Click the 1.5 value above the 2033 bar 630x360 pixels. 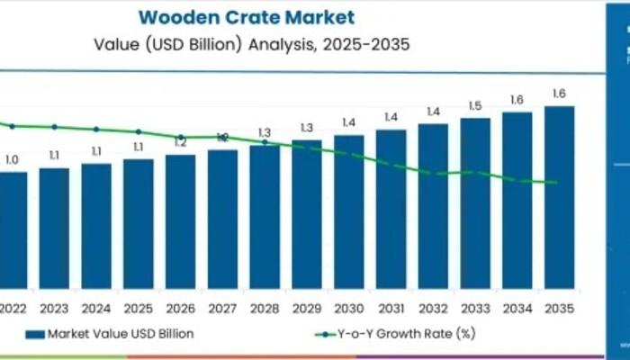pyautogui.click(x=475, y=106)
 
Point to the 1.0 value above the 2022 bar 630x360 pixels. pyautogui.click(x=12, y=160)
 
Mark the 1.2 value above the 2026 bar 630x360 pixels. pyautogui.click(x=180, y=143)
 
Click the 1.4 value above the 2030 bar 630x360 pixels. pyautogui.click(x=348, y=122)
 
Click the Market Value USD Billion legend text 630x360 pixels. pyautogui.click(x=120, y=334)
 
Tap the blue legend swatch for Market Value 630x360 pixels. pyautogui.click(x=35, y=334)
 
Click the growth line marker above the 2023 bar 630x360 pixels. pyautogui.click(x=54, y=127)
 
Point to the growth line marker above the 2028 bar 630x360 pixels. pyautogui.click(x=265, y=142)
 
